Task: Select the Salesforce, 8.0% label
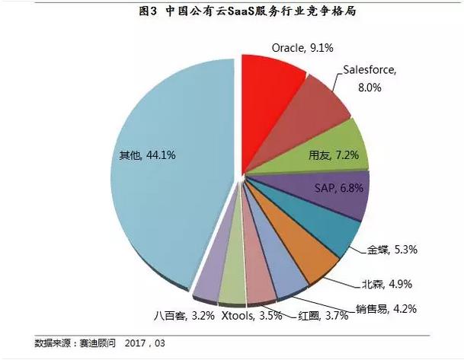[370, 78]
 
